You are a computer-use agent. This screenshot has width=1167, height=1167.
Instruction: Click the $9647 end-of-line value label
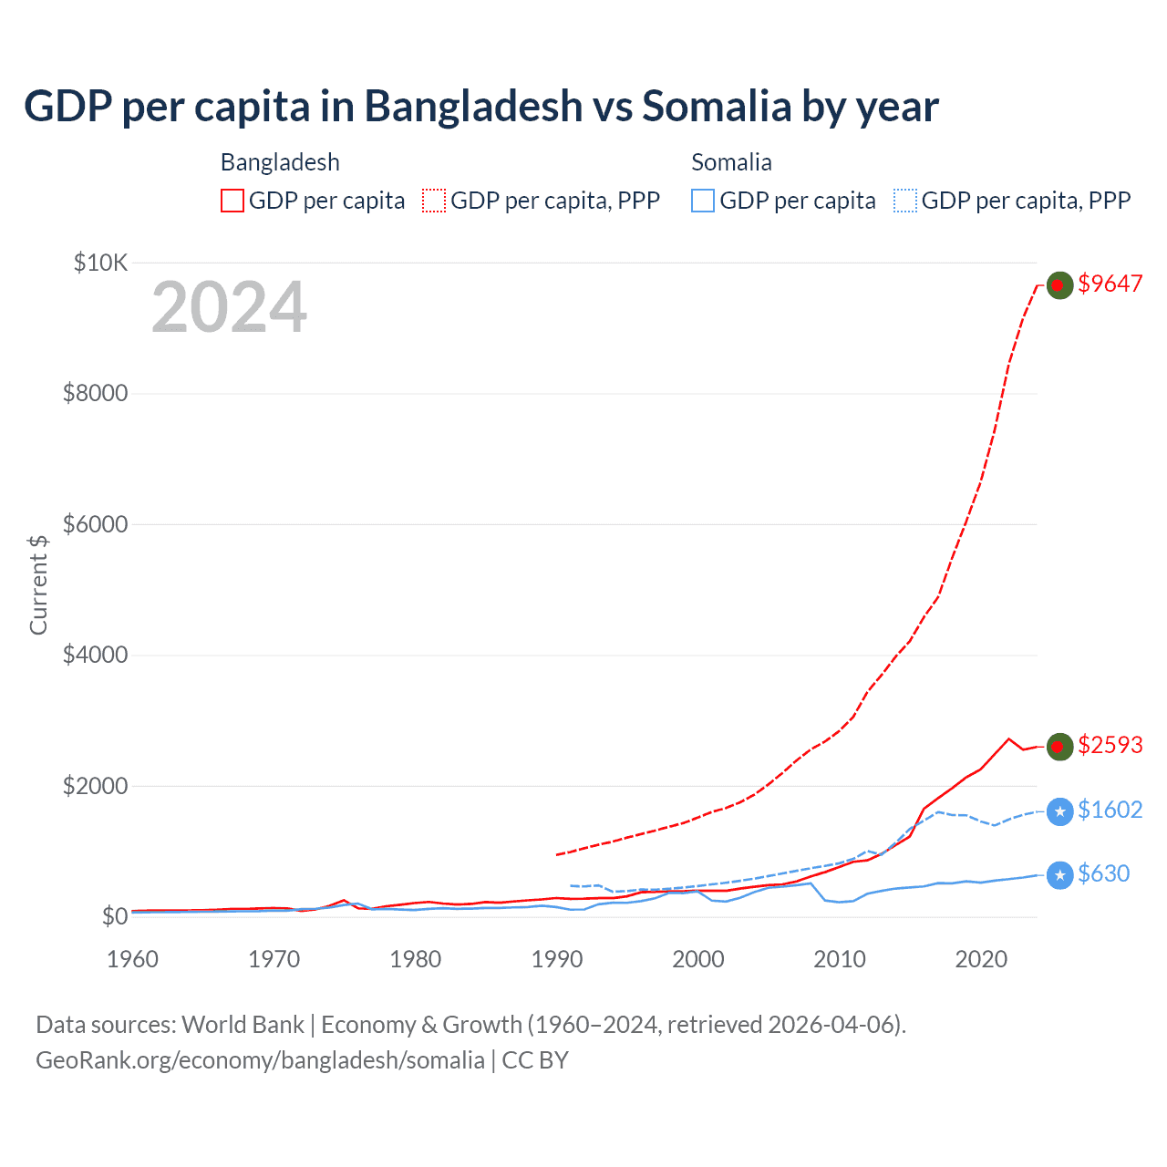click(x=1110, y=284)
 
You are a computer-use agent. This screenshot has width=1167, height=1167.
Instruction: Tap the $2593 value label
click(x=1110, y=745)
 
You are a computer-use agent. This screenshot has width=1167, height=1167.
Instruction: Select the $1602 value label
click(x=1110, y=810)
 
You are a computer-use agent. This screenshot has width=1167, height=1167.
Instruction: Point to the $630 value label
click(x=1103, y=873)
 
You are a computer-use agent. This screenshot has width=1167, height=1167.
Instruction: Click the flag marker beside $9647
click(x=1059, y=285)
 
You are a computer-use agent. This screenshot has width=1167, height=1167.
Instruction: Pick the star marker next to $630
click(x=1059, y=875)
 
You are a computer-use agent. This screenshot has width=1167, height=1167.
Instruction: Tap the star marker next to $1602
click(x=1059, y=811)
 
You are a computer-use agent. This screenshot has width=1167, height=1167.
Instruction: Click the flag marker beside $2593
click(x=1059, y=747)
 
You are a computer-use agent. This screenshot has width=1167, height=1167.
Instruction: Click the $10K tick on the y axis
click(x=100, y=263)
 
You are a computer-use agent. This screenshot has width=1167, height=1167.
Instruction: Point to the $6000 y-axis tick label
click(x=95, y=524)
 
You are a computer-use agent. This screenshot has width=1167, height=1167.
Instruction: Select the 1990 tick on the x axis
click(x=557, y=959)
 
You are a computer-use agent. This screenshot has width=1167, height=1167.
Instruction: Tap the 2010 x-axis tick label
click(x=840, y=959)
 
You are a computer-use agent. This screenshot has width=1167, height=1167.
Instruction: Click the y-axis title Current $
click(x=38, y=584)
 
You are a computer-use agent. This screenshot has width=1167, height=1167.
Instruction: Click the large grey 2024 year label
click(x=229, y=307)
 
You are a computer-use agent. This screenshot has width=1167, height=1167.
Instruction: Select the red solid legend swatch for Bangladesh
click(x=232, y=201)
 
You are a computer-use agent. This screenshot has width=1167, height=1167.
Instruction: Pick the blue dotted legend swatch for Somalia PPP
click(x=905, y=201)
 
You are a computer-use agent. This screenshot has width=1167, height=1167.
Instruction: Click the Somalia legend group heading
click(x=731, y=162)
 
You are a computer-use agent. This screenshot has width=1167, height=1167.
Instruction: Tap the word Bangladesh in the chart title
click(x=473, y=106)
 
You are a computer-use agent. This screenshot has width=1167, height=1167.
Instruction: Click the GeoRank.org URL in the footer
click(x=260, y=1060)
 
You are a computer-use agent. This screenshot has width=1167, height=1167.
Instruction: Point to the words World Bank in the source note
click(x=243, y=1025)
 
